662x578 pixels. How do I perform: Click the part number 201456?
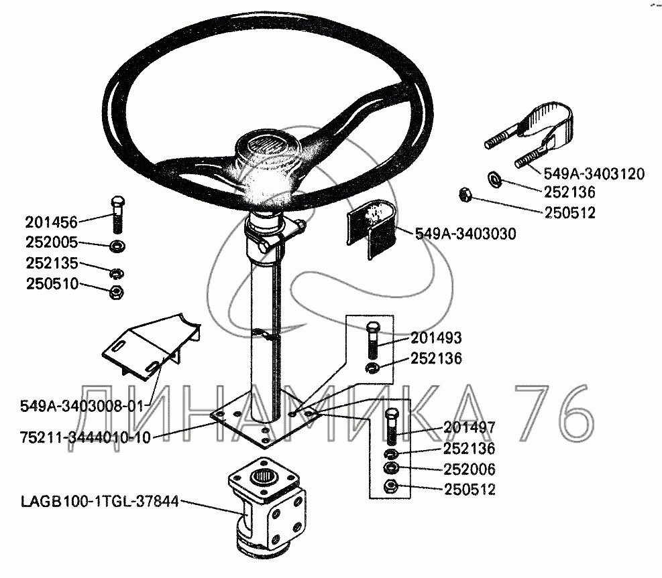click(x=52, y=222)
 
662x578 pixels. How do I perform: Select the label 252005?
click(x=52, y=242)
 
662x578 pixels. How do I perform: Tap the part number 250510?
click(x=52, y=284)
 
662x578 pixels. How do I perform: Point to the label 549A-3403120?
click(x=594, y=173)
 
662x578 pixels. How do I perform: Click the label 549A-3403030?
click(x=465, y=234)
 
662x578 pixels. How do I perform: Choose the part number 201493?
click(x=436, y=338)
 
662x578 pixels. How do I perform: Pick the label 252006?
click(x=469, y=469)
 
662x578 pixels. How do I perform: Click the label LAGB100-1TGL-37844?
click(x=100, y=502)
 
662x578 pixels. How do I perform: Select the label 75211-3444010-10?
click(x=85, y=437)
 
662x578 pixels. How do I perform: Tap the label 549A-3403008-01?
click(x=82, y=407)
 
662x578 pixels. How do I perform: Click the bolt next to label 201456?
click(x=117, y=214)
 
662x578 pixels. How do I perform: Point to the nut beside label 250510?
click(x=116, y=292)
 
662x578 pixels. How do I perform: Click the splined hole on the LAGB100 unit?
click(x=264, y=478)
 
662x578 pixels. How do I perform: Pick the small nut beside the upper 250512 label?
click(x=464, y=195)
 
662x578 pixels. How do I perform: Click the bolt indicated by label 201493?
click(x=373, y=340)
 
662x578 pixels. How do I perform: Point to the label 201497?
click(x=469, y=427)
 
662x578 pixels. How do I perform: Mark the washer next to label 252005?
click(x=117, y=246)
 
